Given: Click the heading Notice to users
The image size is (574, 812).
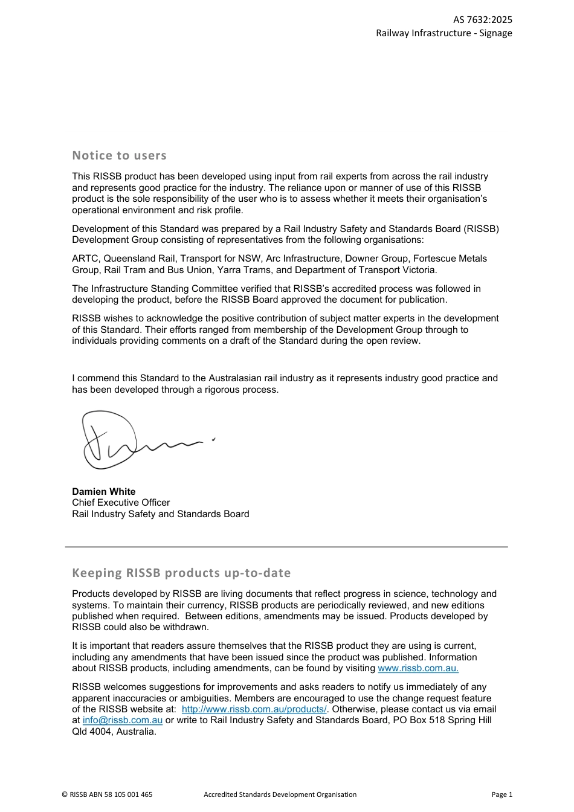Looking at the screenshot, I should coord(119,155).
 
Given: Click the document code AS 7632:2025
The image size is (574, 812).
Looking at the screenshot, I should coord(482,19).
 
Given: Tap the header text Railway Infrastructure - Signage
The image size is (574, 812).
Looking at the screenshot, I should coord(443,33).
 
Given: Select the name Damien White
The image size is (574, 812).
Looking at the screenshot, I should coord(104,492).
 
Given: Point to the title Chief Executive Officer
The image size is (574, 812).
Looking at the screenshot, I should coord(121,503).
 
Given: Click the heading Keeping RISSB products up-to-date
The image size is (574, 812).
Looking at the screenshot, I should coord(181,573).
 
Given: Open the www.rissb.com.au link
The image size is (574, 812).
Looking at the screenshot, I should coord(418,668).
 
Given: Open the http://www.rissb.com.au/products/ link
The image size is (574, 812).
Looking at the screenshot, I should coord(254,709).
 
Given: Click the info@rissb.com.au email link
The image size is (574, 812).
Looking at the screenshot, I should coord(123,720).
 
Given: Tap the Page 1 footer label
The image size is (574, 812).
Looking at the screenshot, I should coord(501,794).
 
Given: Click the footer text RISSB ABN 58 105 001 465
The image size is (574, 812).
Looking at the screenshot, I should coord(108,794).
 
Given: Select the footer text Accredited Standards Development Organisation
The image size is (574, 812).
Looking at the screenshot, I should coord(280,794).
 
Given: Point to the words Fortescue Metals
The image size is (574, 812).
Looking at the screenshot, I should coord(450,259).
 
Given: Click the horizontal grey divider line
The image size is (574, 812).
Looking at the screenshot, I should coord(286,547).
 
